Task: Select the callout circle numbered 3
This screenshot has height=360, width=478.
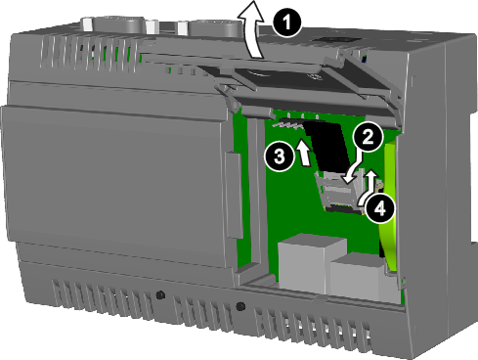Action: pos(278,155)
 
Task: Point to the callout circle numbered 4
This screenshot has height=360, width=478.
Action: pos(382,205)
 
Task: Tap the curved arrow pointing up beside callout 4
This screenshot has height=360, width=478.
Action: pos(369,186)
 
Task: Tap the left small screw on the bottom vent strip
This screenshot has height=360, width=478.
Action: pos(159,293)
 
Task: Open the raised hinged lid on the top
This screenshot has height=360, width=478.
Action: pos(293,78)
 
